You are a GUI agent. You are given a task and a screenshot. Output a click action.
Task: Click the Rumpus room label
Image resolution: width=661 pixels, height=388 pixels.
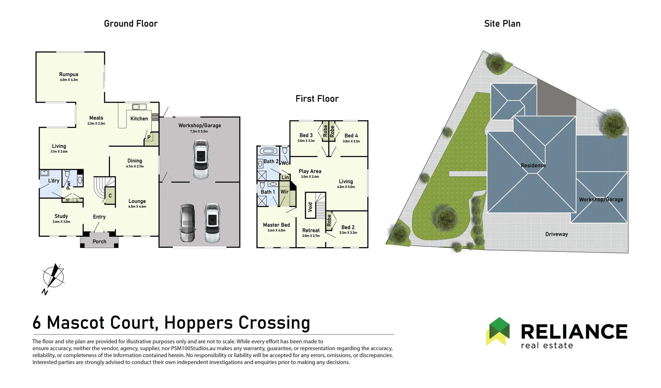[x=69, y=74]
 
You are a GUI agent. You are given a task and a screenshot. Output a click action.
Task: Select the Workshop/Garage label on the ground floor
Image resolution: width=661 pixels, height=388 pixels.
[x=199, y=125]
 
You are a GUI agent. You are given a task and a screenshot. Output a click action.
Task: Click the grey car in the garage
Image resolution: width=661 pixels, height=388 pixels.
[x=187, y=223]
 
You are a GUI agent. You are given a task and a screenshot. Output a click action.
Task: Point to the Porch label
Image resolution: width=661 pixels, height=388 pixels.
[x=100, y=241]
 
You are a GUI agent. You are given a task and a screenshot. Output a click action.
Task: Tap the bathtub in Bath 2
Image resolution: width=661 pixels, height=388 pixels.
[x=268, y=151]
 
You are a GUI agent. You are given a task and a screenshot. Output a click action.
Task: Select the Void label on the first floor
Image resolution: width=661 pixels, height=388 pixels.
[x=310, y=207]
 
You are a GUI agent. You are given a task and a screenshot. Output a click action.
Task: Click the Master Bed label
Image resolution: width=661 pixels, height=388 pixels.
[x=276, y=225]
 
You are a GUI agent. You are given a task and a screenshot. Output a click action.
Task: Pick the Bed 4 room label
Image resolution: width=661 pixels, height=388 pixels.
[x=351, y=135]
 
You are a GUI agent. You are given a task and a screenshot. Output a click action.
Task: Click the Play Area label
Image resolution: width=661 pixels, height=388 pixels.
[x=310, y=171]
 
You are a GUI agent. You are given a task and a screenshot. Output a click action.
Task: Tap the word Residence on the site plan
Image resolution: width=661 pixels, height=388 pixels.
[x=533, y=166]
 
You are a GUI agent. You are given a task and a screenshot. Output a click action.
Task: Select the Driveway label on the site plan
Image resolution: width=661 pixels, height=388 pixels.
[x=556, y=234]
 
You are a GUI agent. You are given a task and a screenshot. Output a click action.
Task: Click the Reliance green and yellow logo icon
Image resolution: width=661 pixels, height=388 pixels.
[x=498, y=331]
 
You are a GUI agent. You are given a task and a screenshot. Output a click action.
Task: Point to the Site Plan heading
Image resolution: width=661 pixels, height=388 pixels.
[x=502, y=24]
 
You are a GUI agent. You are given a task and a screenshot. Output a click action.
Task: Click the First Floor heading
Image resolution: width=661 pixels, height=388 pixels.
[x=317, y=99]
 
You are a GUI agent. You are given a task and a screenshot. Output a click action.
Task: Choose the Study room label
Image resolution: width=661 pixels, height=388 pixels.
[x=61, y=216]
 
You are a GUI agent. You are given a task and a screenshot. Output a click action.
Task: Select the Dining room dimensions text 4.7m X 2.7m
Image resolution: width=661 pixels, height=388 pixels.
[x=135, y=166]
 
